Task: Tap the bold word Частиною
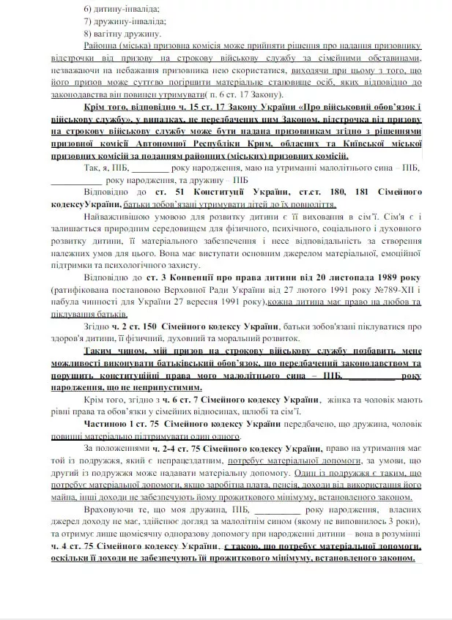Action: pyautogui.click(x=108, y=425)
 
